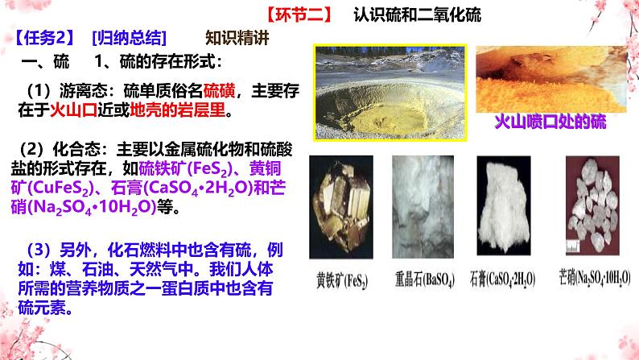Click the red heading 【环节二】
[299, 15]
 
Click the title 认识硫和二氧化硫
[418, 15]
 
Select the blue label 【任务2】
[44, 38]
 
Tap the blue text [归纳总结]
[130, 38]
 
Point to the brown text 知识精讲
[237, 38]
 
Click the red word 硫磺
[219, 90]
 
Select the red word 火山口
[73, 110]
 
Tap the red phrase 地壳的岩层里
[177, 110]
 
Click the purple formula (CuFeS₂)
[60, 188]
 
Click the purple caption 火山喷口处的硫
[550, 122]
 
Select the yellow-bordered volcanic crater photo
[390, 93]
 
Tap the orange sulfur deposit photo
[551, 79]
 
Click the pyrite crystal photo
[341, 207]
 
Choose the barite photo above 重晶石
[423, 207]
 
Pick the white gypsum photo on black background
[504, 205]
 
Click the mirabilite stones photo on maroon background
[592, 205]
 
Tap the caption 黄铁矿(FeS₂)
[342, 280]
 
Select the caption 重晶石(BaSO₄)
[425, 279]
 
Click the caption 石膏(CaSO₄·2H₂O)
[502, 279]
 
